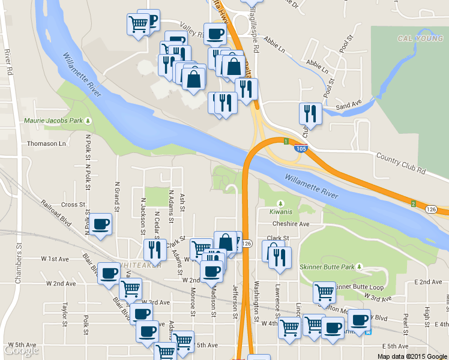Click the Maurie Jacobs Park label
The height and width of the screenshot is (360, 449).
(53, 121)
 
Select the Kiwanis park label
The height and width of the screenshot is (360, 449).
(281, 212)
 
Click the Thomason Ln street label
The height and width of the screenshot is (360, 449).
(46, 144)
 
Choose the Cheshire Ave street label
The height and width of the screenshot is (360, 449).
(291, 224)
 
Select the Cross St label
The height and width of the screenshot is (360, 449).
(73, 205)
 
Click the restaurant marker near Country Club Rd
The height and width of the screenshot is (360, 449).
(310, 113)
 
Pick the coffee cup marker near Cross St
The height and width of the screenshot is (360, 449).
(101, 225)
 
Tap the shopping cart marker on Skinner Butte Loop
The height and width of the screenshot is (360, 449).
(324, 292)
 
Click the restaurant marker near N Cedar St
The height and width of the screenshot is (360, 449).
(155, 250)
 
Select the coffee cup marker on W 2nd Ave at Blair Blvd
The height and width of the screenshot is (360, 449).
(109, 273)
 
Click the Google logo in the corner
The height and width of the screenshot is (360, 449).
(20, 351)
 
